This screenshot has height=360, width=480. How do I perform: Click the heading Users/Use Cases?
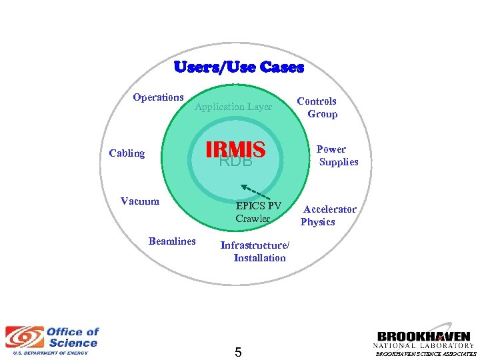click(x=239, y=67)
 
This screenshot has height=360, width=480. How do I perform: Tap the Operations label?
click(x=158, y=97)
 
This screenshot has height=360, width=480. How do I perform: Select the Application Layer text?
click(x=233, y=107)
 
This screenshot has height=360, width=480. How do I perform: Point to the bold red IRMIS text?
click(x=236, y=149)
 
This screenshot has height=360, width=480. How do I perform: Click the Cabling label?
click(x=127, y=153)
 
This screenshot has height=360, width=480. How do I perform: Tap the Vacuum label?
click(x=140, y=201)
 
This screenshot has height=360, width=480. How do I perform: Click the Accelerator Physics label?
click(x=329, y=215)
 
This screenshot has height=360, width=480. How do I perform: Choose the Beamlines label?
click(x=172, y=241)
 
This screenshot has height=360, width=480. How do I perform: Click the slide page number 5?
click(x=238, y=351)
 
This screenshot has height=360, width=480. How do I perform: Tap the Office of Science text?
click(x=72, y=337)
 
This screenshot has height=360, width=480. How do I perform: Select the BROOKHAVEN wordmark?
click(x=424, y=337)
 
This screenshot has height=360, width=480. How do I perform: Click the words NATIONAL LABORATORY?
click(x=424, y=346)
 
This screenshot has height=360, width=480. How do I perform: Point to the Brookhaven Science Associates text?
click(x=426, y=354)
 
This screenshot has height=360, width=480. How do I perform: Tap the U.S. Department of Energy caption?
click(x=47, y=353)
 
